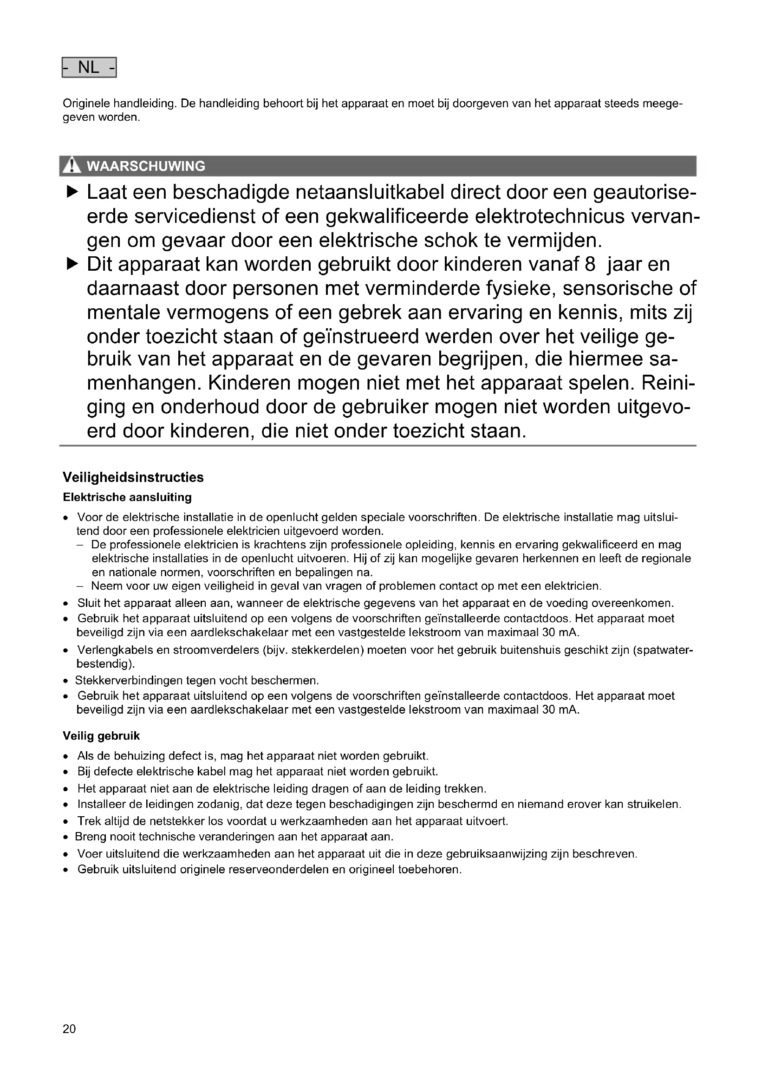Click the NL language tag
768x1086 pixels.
coord(89,68)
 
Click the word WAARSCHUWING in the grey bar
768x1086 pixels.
coord(146,167)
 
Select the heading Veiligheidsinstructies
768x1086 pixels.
coord(133,477)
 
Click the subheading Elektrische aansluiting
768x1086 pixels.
coord(127,497)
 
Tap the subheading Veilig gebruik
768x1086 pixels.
coord(101,736)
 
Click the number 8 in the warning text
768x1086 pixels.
coord(590,264)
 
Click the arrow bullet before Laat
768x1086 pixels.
coord(72,193)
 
